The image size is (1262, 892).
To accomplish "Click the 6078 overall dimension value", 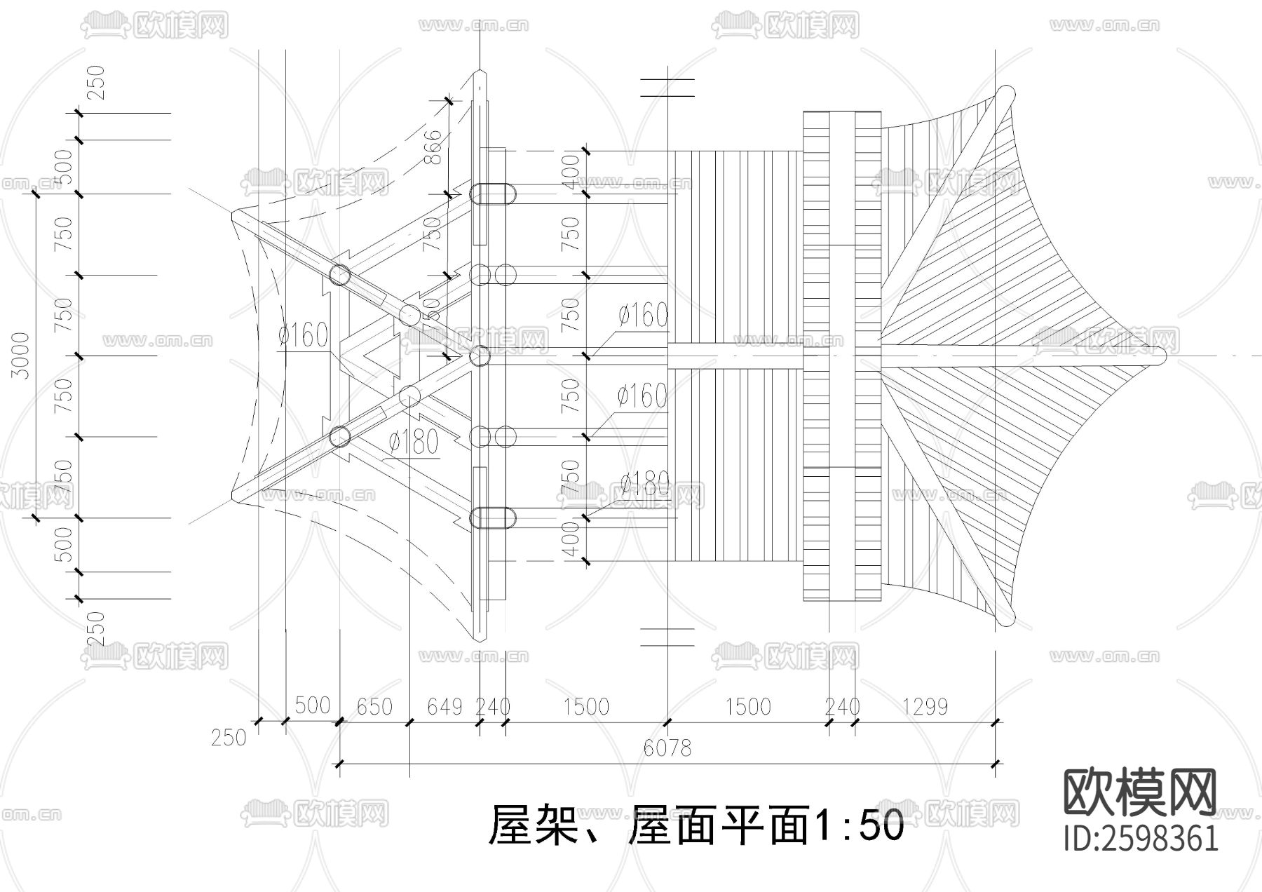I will [x=667, y=748].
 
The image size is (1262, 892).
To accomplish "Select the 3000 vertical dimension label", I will [x=22, y=356].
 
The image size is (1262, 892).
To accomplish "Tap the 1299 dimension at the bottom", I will [x=925, y=706].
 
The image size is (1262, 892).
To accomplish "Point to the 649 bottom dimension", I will [x=445, y=706].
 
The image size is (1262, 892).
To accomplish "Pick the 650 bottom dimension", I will [x=374, y=706].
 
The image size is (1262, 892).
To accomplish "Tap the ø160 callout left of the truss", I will [x=303, y=336].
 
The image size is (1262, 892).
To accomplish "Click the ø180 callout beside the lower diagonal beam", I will [x=414, y=442].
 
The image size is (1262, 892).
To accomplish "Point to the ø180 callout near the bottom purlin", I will [x=644, y=483].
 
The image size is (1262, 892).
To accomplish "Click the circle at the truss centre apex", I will [x=480, y=356].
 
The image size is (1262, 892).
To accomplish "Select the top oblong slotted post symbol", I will [x=492, y=194].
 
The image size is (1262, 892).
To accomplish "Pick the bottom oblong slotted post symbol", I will [x=492, y=518].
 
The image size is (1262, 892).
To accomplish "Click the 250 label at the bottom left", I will [x=229, y=738].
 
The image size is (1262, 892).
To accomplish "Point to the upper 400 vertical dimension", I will [x=571, y=171].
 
